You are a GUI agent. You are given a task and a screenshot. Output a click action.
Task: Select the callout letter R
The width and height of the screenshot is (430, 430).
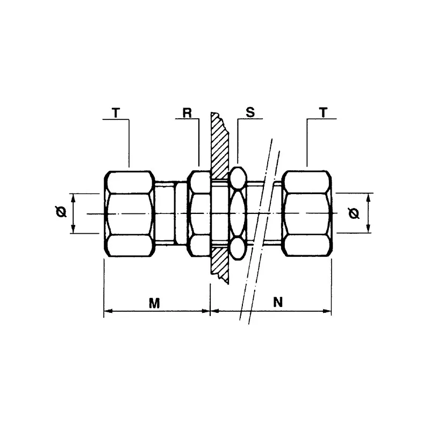(x=187, y=113)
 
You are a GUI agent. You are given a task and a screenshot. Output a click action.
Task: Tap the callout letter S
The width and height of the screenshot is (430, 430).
(x=249, y=113)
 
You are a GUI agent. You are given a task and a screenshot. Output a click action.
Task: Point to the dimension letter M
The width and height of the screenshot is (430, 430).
(x=154, y=303)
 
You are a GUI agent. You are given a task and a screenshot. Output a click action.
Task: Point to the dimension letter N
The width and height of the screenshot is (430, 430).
(x=277, y=302)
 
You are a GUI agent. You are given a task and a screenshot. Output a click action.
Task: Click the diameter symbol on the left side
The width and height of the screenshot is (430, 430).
(x=61, y=212)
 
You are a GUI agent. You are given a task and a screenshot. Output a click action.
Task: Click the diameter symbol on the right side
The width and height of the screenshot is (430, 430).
(x=354, y=214)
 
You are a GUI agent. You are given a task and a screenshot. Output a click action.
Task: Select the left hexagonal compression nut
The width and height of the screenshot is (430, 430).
(x=129, y=214)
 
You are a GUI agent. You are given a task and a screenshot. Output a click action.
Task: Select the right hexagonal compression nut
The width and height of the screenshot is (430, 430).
(x=306, y=214)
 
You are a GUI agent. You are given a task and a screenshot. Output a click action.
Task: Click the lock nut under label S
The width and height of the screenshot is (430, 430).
(x=238, y=214)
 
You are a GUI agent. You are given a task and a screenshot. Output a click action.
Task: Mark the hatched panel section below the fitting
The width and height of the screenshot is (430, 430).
(x=220, y=266)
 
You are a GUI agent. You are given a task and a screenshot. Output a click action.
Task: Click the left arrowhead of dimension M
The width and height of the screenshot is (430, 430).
(x=106, y=311)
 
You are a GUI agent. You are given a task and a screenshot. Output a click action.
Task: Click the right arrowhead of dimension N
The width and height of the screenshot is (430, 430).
(x=328, y=311)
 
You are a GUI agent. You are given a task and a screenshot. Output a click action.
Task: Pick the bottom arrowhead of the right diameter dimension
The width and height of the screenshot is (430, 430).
(x=369, y=231)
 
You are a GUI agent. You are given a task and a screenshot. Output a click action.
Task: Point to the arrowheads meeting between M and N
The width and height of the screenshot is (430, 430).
(x=209, y=311)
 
